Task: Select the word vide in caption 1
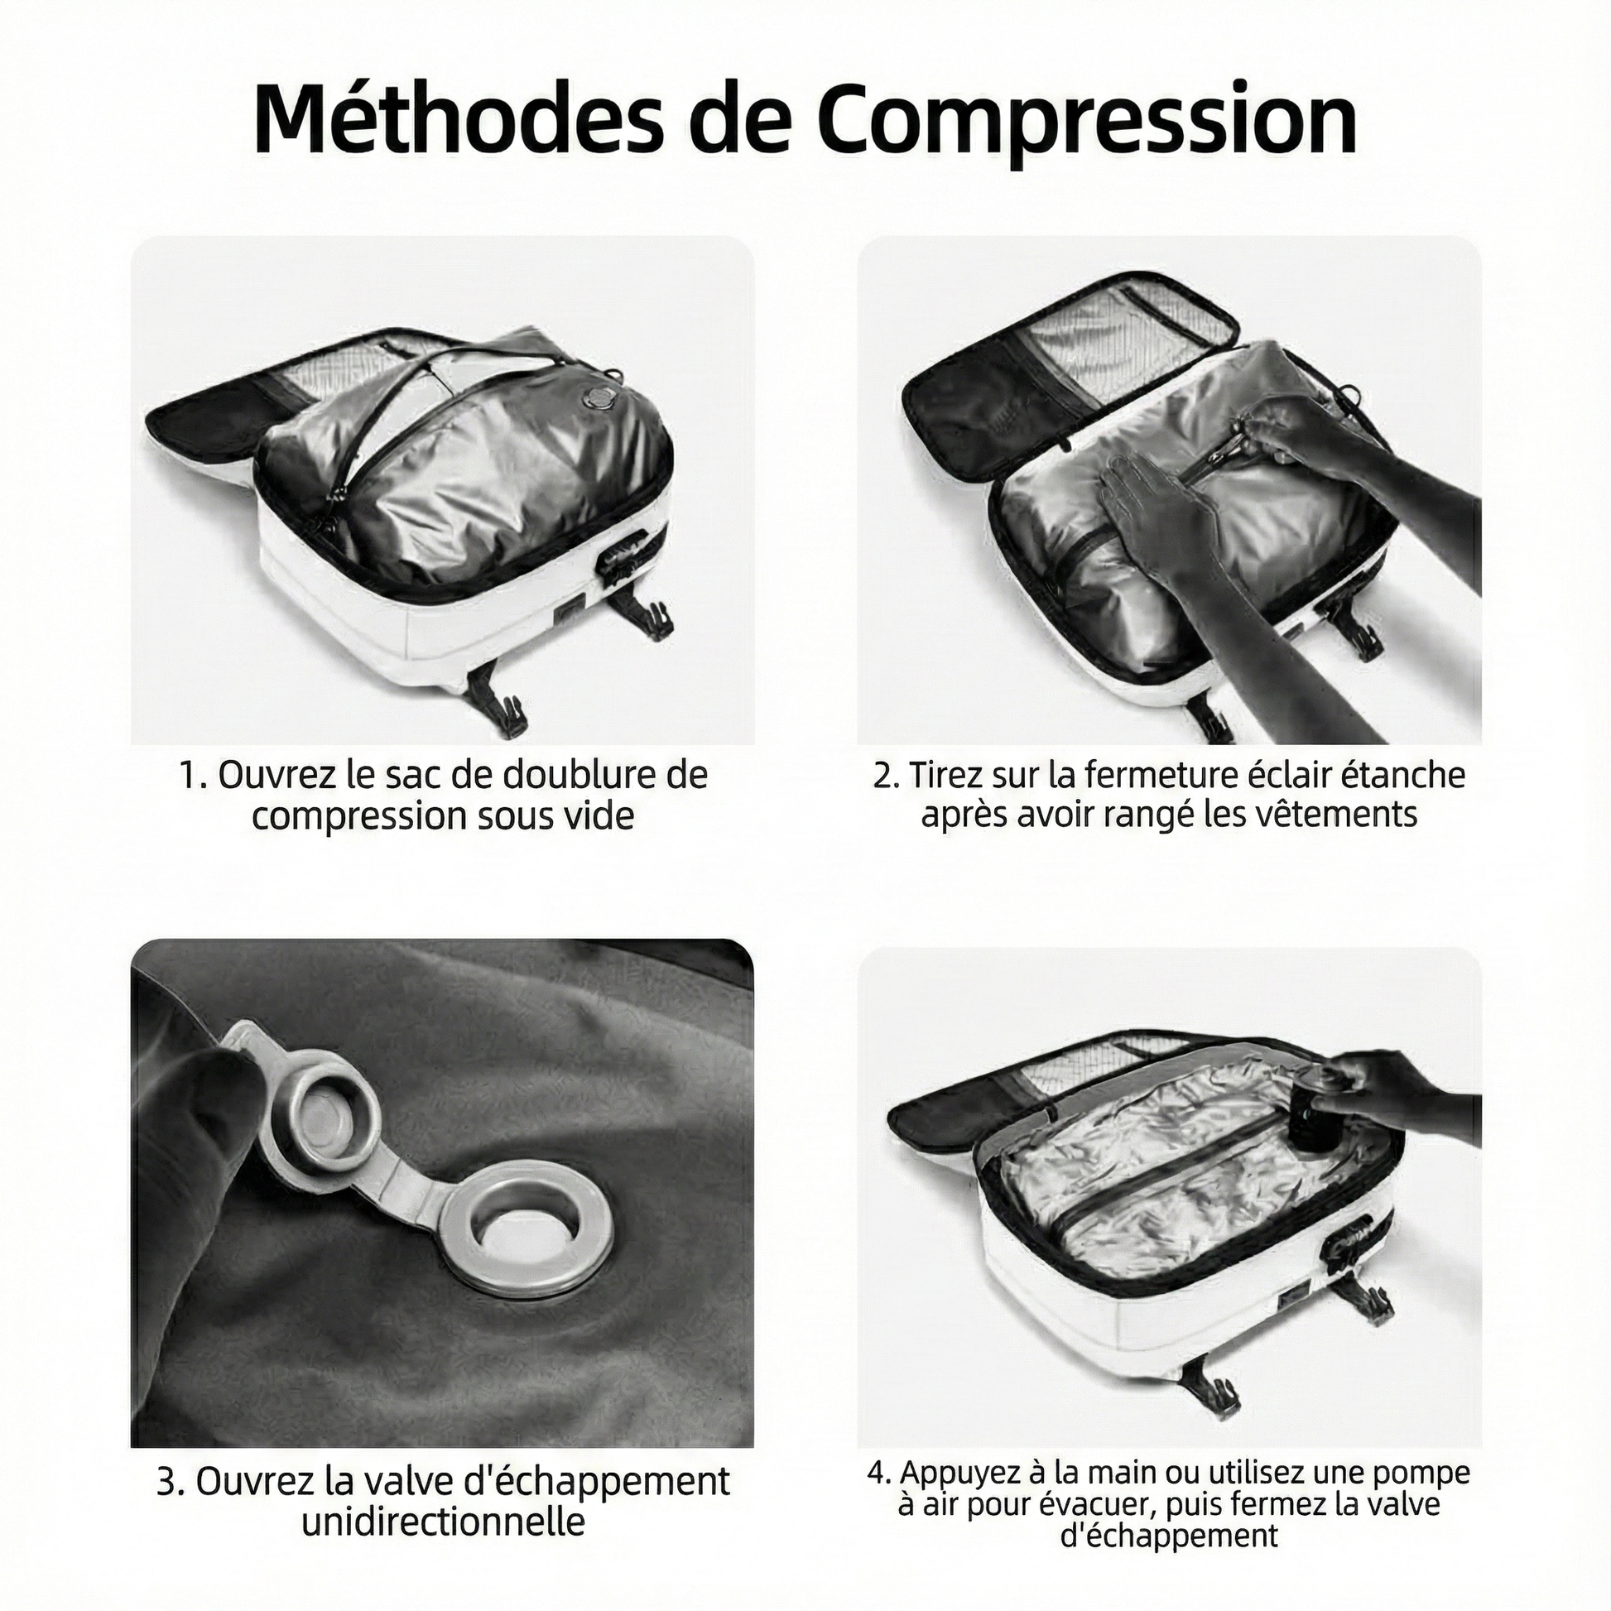[599, 815]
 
